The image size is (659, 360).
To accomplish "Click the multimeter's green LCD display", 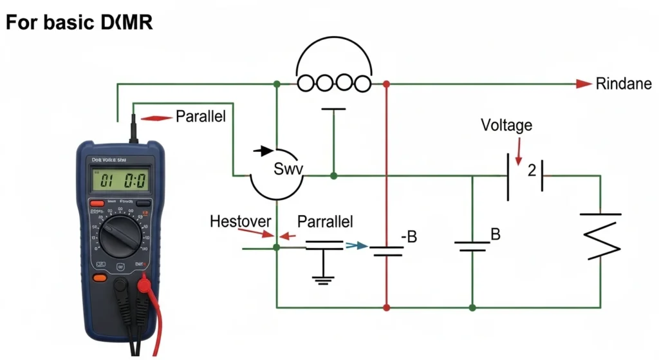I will pyautogui.click(x=120, y=179).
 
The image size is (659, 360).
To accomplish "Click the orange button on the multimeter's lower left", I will pyautogui.click(x=100, y=278).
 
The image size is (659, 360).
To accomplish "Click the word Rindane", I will pyautogui.click(x=624, y=84).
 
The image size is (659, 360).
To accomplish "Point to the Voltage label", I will pyautogui.click(x=506, y=125).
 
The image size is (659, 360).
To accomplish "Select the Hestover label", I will pyautogui.click(x=241, y=222).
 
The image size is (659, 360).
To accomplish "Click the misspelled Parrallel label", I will pyautogui.click(x=325, y=222).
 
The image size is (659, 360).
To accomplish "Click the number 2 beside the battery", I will pyautogui.click(x=532, y=171).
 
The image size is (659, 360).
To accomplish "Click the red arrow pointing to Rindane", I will pyautogui.click(x=583, y=84).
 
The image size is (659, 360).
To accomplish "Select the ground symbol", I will pyautogui.click(x=323, y=279).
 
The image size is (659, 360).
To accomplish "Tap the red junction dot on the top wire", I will pyautogui.click(x=386, y=84).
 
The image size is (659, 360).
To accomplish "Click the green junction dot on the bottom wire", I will pyautogui.click(x=472, y=308).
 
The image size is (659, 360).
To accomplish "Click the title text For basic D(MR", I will pyautogui.click(x=79, y=23).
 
